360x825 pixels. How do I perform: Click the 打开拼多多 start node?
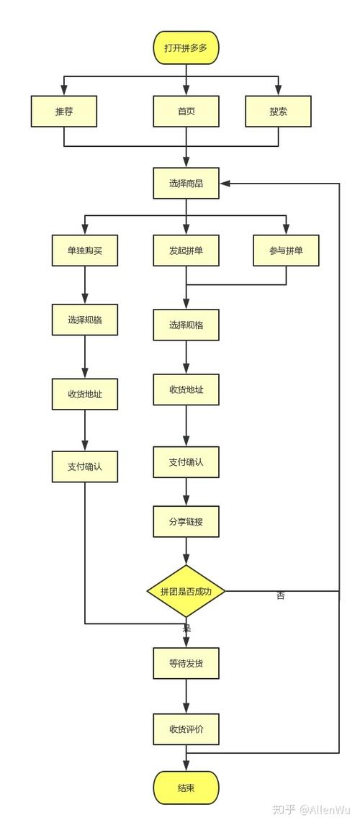click(x=186, y=48)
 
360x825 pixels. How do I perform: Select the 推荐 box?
click(x=64, y=112)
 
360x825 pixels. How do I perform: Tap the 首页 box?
click(x=186, y=112)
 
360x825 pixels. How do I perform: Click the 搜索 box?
click(x=279, y=112)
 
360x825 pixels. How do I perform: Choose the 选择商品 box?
click(x=186, y=183)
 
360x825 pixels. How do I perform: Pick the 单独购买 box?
click(x=85, y=251)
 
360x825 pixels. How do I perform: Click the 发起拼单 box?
click(x=186, y=251)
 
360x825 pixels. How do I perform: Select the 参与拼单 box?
click(x=286, y=251)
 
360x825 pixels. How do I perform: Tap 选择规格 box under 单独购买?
click(x=85, y=320)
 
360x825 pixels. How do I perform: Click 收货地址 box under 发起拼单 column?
click(x=186, y=389)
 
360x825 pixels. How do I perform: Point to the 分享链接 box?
click(x=186, y=521)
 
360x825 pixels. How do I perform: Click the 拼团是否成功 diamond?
click(x=186, y=591)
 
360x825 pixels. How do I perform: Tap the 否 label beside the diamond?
click(x=281, y=596)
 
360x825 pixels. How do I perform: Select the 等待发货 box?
click(x=186, y=663)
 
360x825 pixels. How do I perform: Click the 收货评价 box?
click(x=186, y=729)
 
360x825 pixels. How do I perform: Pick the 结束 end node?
click(x=186, y=788)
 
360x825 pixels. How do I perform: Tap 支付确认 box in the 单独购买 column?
click(x=85, y=466)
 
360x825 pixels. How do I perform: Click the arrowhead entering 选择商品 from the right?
click(x=224, y=184)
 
